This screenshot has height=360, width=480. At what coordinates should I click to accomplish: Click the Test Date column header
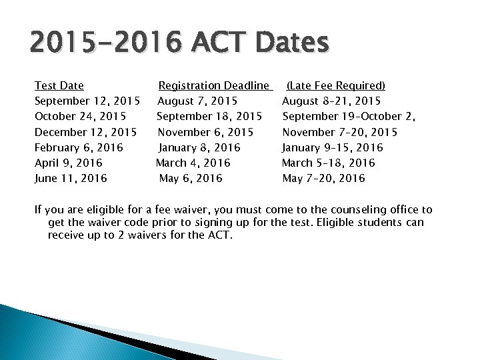tap(59, 85)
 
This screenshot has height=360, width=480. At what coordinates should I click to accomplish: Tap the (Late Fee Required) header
tap(336, 85)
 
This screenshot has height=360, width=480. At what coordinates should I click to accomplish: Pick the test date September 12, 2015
tap(87, 101)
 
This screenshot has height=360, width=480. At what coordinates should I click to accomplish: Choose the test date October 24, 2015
tap(81, 116)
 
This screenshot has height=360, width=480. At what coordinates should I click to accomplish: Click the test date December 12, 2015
tap(86, 131)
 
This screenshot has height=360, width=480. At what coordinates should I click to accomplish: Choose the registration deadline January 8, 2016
tap(199, 147)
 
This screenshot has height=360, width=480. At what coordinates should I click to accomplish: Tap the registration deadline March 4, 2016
tap(193, 163)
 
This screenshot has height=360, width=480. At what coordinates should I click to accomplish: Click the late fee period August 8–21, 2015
tap(331, 101)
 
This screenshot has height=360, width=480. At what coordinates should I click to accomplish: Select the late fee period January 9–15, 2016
tap(333, 147)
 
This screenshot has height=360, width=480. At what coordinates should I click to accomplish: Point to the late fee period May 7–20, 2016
tap(324, 178)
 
